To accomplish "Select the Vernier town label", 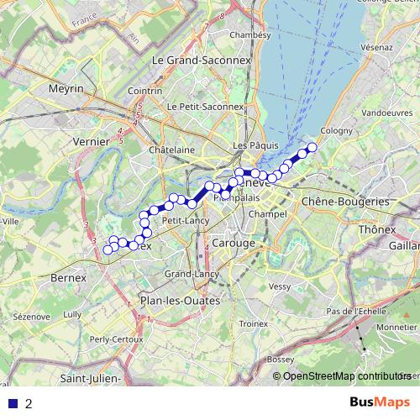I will click(x=92, y=142).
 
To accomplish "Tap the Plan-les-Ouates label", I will click(x=180, y=300).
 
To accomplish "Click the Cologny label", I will click(x=336, y=131).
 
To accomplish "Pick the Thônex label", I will click(x=376, y=228).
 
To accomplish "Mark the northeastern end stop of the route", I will click(x=312, y=148).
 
